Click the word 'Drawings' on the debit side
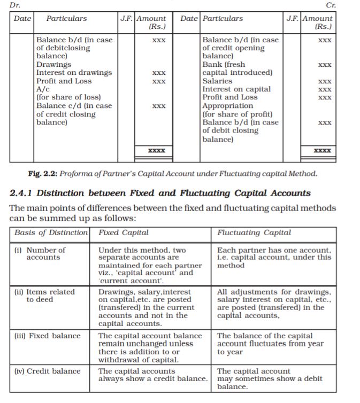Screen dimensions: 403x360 (53, 64)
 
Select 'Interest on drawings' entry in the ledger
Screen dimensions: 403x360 (74, 73)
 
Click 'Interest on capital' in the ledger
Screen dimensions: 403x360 (236, 89)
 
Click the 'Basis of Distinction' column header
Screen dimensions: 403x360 (51, 233)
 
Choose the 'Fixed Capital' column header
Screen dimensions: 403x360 (124, 233)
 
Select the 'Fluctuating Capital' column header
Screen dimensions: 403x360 (255, 233)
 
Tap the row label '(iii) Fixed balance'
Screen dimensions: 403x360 (48, 336)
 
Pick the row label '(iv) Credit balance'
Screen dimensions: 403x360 (48, 371)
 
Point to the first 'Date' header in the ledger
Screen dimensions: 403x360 (22, 18)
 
